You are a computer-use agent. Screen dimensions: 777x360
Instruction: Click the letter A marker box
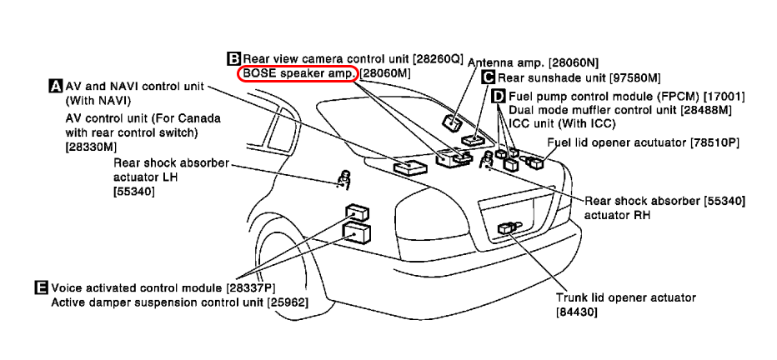coord(56,86)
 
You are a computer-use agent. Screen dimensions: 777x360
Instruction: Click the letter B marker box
coord(234,59)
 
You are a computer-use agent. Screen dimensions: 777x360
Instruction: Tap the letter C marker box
coord(489,77)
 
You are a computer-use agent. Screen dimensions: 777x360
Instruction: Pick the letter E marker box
coord(43,287)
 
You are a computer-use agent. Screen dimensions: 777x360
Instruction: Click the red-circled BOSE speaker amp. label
coord(298,74)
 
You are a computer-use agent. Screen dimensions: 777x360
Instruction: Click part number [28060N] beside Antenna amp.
coord(574,62)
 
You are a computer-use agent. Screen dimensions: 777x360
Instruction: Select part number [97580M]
coord(636,77)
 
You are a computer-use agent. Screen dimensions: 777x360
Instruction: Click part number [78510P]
coord(714,142)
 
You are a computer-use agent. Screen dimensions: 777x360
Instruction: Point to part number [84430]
coord(576,312)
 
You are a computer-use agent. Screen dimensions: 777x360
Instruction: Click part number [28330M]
coord(91,147)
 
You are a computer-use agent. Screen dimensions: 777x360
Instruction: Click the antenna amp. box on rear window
coord(451,122)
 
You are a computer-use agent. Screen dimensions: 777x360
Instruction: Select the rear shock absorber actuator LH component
coord(343,179)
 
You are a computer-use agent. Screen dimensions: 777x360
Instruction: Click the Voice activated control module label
coord(137,287)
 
